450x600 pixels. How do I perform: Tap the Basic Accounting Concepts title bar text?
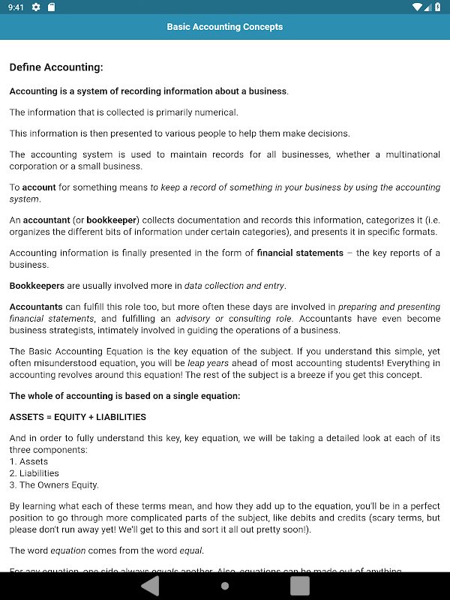point(225,27)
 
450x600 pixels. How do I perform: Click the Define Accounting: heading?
point(56,67)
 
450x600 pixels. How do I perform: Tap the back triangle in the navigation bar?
point(150,585)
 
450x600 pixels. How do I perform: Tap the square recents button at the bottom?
point(300,585)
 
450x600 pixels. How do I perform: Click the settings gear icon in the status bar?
point(36,7)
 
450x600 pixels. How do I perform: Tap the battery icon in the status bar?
point(437,7)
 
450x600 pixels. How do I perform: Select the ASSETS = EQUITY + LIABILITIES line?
point(77,416)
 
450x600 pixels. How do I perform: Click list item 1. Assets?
point(28,461)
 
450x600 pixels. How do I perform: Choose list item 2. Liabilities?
point(34,473)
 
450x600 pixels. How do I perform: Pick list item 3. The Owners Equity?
point(54,484)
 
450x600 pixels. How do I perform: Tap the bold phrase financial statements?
point(300,253)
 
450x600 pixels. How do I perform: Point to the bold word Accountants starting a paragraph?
point(36,307)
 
